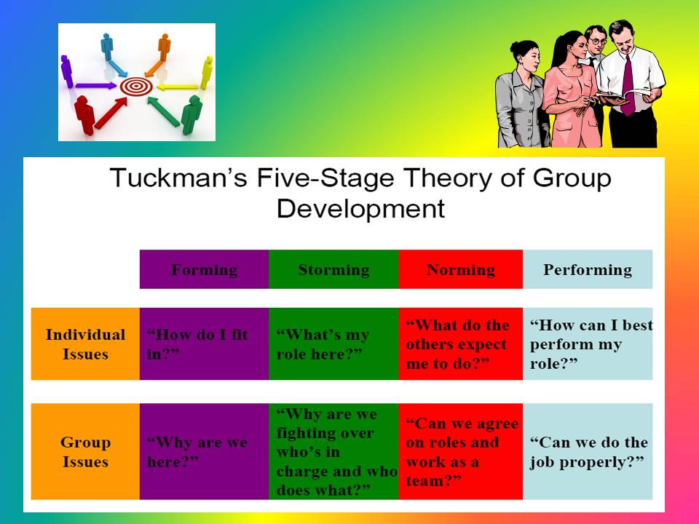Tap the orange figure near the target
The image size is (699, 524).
click(x=164, y=45)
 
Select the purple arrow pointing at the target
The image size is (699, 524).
click(x=95, y=86)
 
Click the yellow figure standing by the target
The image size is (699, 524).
click(x=207, y=71)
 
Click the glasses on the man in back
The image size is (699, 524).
click(x=596, y=41)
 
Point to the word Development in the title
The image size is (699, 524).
click(x=360, y=209)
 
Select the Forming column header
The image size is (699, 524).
click(x=204, y=270)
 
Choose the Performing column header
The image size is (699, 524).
click(x=588, y=270)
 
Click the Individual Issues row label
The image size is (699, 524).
click(x=85, y=344)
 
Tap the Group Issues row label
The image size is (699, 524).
click(x=85, y=452)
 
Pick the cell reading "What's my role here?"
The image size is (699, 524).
click(x=333, y=344)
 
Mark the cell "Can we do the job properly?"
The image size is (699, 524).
click(x=588, y=452)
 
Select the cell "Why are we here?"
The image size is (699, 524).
click(x=204, y=452)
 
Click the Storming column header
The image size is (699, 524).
click(x=333, y=270)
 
